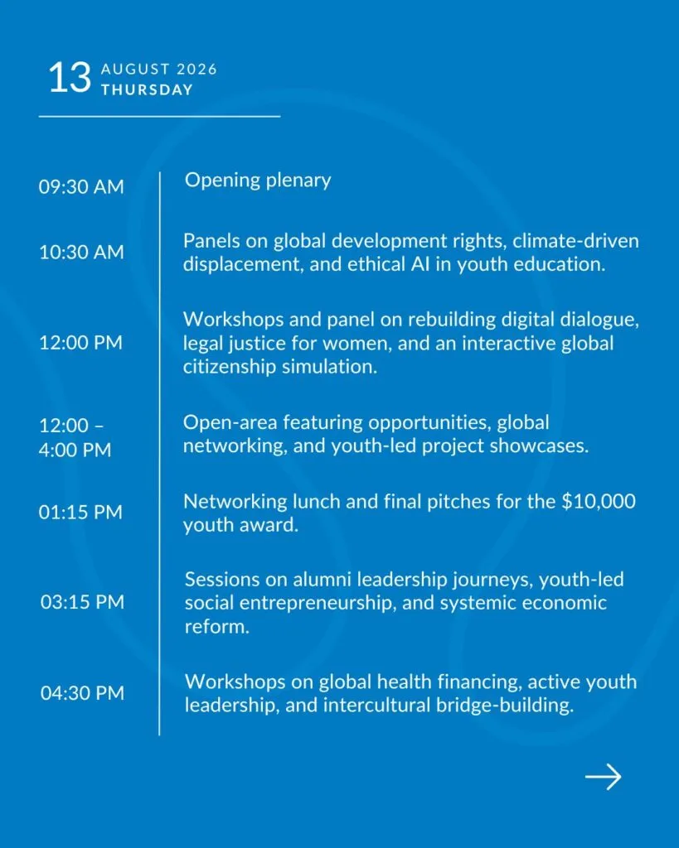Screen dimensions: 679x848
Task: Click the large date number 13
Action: point(70,77)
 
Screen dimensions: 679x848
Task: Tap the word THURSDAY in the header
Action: point(148,89)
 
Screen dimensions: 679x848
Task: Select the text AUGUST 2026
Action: point(159,70)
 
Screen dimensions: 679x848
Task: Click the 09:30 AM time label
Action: point(81,186)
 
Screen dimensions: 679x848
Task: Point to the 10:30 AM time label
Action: point(81,252)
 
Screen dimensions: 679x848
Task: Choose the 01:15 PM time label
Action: point(80,512)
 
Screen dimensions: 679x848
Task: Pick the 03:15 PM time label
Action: point(82,602)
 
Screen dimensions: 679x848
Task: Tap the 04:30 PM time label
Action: point(82,693)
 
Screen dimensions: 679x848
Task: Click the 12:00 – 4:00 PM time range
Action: point(75,437)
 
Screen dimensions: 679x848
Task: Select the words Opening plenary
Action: point(258,181)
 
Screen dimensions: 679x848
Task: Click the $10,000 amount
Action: point(599,501)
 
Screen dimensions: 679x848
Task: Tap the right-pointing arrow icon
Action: point(603,777)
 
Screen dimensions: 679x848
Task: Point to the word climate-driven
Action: point(575,241)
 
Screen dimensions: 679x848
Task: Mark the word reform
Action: point(217,627)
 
